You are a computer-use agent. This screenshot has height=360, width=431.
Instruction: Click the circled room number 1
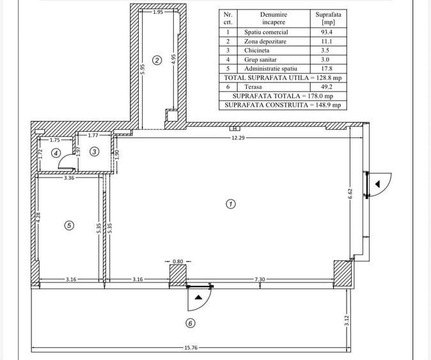231,204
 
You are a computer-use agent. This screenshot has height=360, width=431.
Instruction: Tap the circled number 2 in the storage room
157,60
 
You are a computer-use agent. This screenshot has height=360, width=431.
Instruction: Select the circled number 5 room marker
69,226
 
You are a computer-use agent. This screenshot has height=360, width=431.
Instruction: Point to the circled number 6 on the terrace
190,323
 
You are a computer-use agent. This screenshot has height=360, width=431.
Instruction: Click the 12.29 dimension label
238,137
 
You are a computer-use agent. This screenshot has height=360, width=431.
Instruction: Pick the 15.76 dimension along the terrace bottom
191,348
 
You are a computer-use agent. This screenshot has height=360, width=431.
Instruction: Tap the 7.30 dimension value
260,279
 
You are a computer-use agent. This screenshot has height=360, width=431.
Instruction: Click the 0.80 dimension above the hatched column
178,262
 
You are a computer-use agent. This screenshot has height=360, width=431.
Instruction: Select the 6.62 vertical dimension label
350,194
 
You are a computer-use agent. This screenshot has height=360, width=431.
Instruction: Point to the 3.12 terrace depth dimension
347,320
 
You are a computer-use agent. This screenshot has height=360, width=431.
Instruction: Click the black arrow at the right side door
378,184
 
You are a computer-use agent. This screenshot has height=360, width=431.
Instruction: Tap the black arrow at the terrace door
198,297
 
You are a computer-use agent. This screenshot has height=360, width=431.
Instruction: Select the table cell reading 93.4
327,32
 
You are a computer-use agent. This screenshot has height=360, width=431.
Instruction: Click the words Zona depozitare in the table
265,42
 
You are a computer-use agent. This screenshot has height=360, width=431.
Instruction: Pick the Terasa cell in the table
253,87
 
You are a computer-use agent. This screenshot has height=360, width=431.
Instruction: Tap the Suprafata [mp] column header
328,18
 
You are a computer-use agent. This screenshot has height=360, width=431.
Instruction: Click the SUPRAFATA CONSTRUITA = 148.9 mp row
283,105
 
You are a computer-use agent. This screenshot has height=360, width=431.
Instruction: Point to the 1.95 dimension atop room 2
158,12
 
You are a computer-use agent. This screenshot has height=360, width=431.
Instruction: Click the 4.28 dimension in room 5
38,217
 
